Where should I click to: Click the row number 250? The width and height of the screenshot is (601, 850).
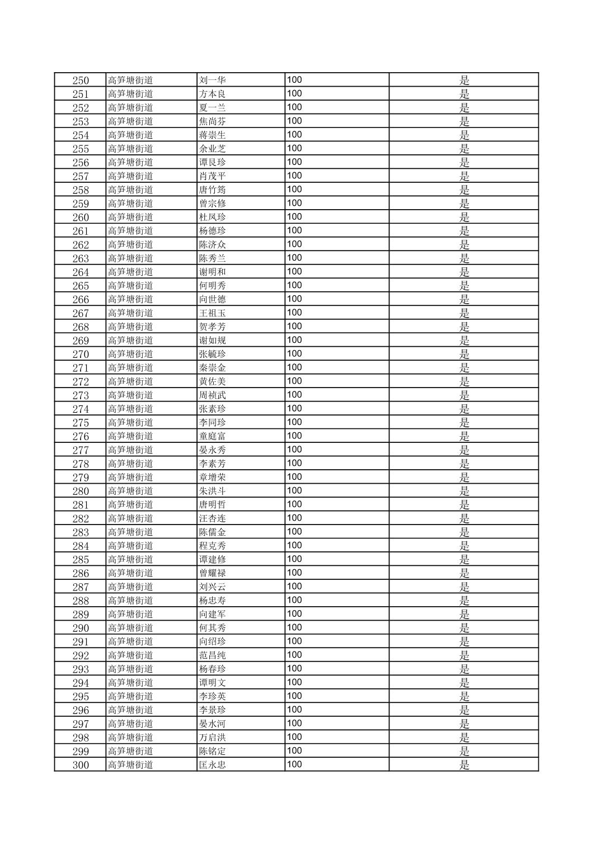click(x=81, y=81)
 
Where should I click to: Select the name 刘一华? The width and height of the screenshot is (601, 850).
click(x=212, y=81)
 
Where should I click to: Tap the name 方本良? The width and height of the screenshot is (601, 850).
click(x=212, y=94)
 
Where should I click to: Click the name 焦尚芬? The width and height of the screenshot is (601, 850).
click(x=212, y=121)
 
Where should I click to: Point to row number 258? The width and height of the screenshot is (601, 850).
click(x=81, y=190)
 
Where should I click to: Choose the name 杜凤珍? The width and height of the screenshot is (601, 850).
click(x=212, y=218)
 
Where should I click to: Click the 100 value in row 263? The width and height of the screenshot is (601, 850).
click(x=294, y=258)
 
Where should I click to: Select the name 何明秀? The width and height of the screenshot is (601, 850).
click(x=212, y=286)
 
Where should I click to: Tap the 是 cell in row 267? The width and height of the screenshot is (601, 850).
click(x=464, y=313)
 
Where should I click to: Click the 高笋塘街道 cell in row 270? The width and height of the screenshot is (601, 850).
click(x=130, y=354)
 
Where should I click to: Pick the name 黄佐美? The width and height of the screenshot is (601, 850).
click(x=212, y=381)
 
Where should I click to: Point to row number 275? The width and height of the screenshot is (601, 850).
click(x=81, y=423)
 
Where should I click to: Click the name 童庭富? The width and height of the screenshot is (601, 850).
click(x=212, y=436)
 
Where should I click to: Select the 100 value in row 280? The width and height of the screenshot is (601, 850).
click(x=294, y=490)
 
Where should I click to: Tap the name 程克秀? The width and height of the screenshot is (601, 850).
click(x=212, y=546)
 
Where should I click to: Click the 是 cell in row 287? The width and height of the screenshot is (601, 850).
click(x=464, y=587)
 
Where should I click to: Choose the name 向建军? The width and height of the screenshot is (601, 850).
click(x=212, y=614)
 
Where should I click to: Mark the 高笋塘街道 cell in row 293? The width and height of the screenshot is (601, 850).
click(x=130, y=669)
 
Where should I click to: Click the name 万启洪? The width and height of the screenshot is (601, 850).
click(x=212, y=738)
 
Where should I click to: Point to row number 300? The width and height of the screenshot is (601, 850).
click(x=81, y=765)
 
